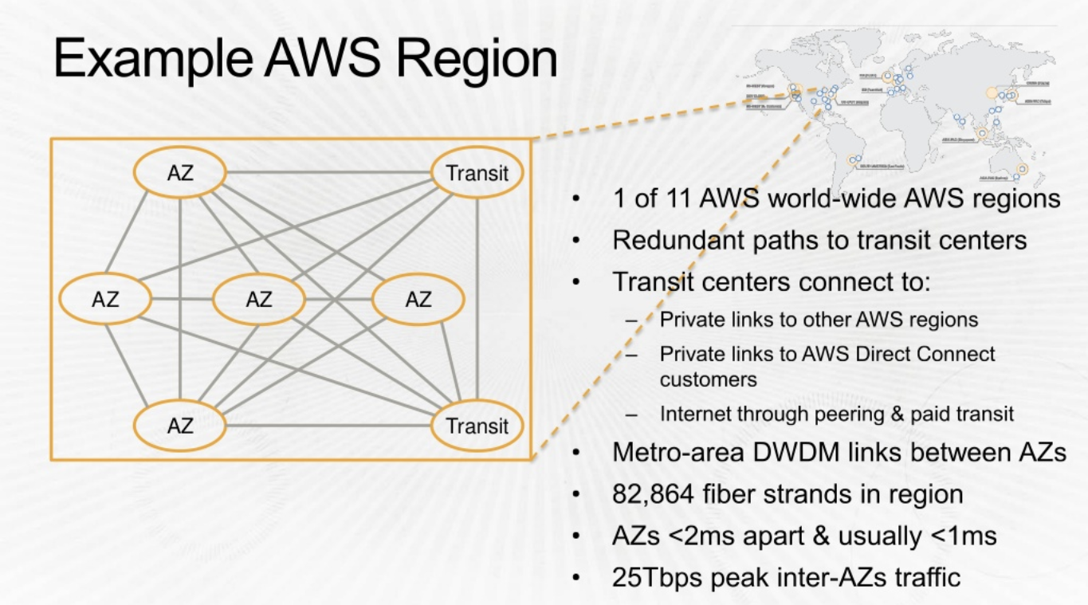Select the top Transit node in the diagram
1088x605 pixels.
(477, 173)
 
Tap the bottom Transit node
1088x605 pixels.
(477, 426)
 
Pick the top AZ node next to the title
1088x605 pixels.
(180, 173)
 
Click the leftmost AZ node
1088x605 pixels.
(105, 300)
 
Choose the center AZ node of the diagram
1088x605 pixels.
(259, 300)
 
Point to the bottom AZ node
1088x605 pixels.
(180, 426)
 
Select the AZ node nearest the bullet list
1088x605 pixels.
(418, 300)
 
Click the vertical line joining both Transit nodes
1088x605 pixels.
(477, 299)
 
